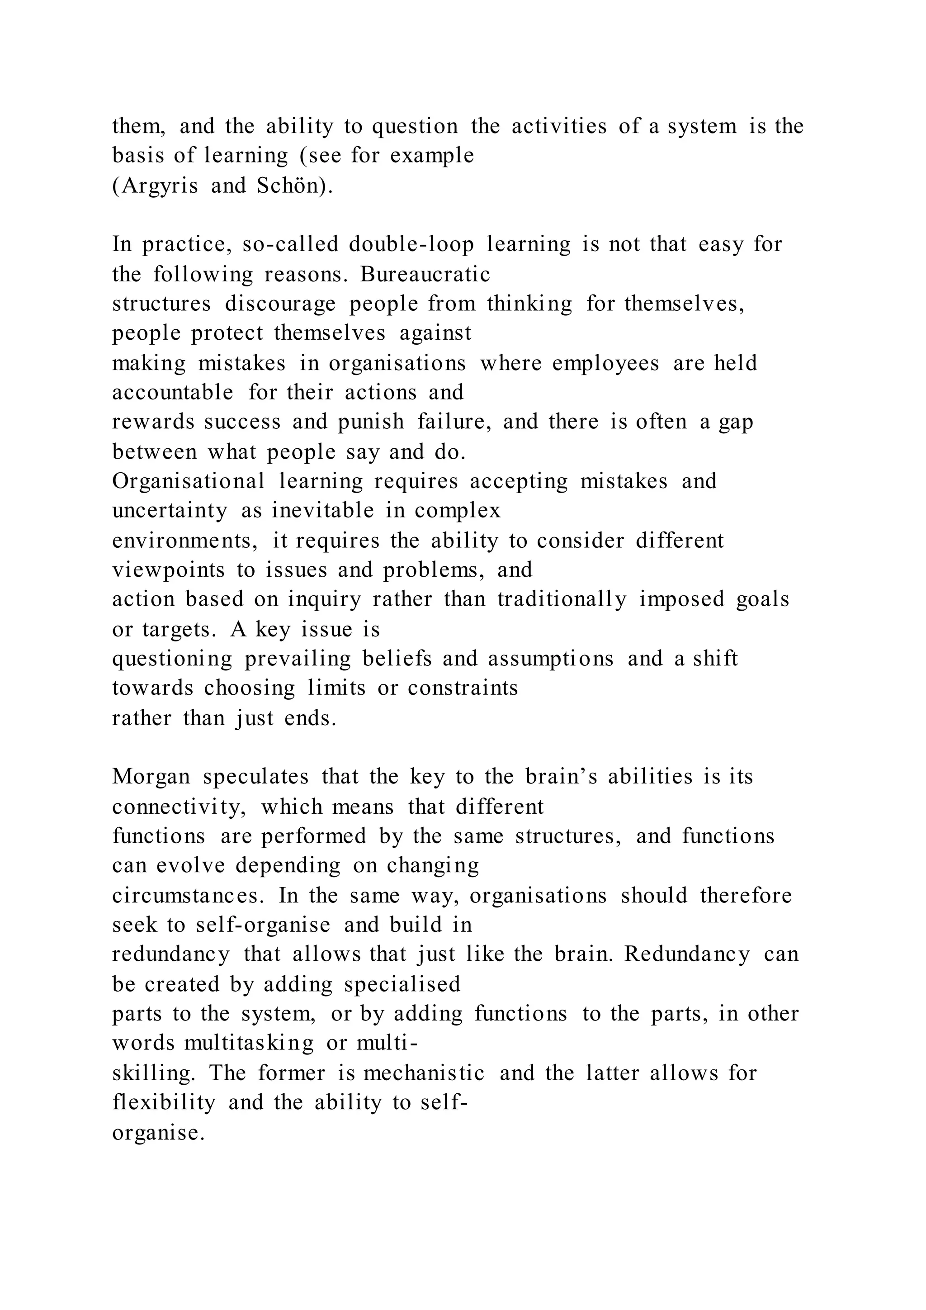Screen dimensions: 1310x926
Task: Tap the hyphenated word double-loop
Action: click(411, 245)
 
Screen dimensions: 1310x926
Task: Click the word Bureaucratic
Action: click(425, 275)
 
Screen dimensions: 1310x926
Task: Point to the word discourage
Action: click(280, 304)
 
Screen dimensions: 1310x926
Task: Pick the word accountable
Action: click(173, 393)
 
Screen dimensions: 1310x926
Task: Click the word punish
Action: click(371, 422)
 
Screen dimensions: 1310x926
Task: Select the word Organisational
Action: click(189, 481)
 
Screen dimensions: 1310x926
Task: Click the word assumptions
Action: click(550, 659)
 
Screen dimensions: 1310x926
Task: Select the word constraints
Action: click(463, 688)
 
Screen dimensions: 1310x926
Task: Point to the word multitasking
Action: click(249, 1044)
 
